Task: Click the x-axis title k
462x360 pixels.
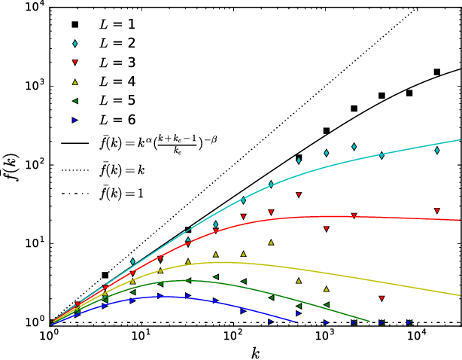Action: (x=256, y=351)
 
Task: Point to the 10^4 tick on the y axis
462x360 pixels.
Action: (x=29, y=7)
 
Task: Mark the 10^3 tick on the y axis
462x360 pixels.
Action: (x=29, y=86)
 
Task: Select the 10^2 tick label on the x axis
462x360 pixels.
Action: (x=233, y=334)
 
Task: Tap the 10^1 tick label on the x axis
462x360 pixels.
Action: (x=141, y=334)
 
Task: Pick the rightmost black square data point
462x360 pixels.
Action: (x=437, y=72)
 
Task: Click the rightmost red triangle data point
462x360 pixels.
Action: (x=437, y=211)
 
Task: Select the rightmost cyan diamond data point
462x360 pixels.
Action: (x=437, y=150)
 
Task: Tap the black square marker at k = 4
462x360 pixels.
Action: (x=105, y=276)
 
